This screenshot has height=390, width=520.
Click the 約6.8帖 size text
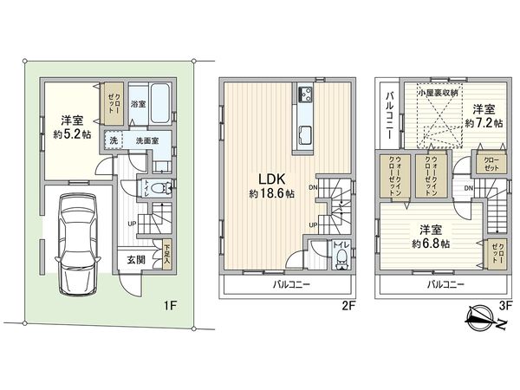click(431, 244)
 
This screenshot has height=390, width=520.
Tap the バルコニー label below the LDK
click(286, 284)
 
